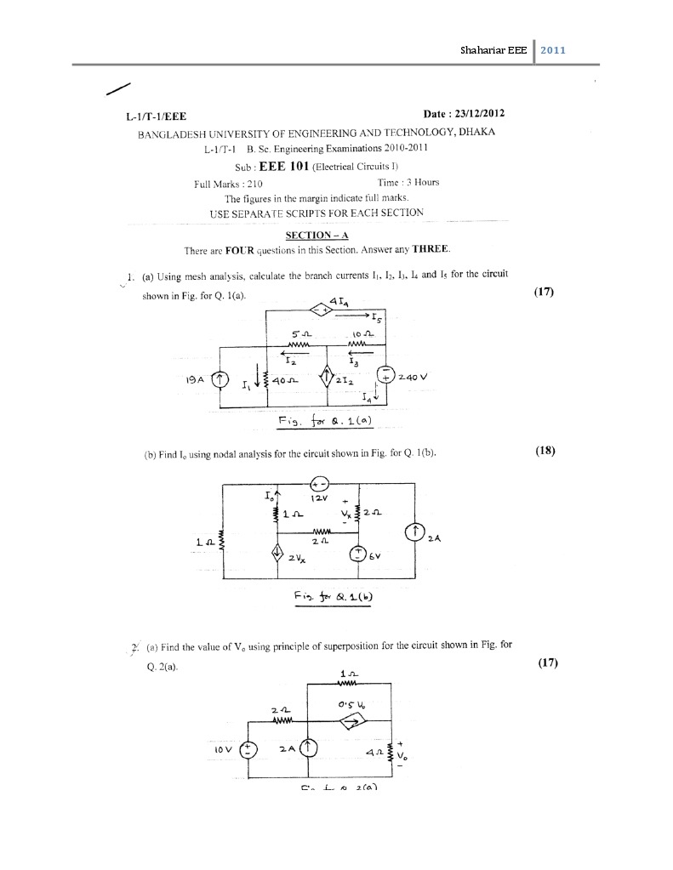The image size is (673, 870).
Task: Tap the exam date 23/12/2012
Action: [481, 114]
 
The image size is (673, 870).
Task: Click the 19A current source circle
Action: [220, 378]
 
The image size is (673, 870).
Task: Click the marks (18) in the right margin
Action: [545, 451]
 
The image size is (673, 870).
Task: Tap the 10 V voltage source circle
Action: [248, 748]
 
